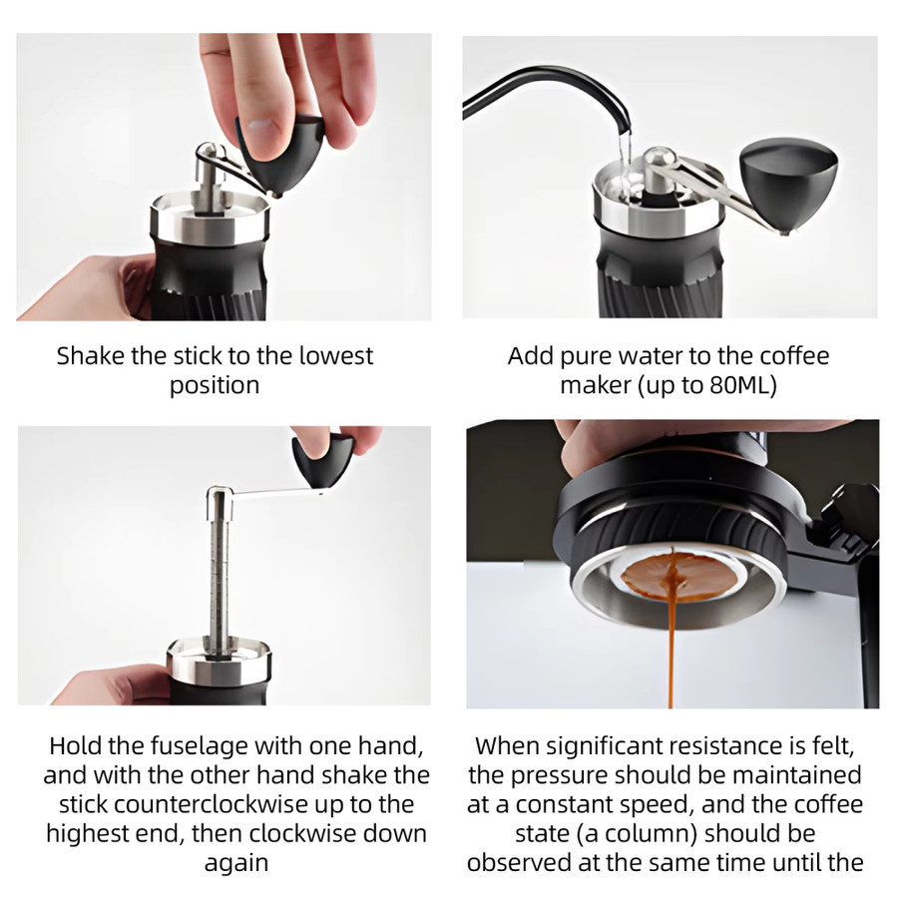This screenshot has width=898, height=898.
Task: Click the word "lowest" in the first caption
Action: pos(337,355)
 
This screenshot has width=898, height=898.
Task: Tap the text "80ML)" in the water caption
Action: pos(742,385)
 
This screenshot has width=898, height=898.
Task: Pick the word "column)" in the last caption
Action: pos(661,834)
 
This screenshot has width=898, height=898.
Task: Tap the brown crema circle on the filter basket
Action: pos(678,575)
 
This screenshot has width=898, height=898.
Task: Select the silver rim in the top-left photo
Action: pos(210,220)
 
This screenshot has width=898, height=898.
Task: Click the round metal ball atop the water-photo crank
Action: pos(657,158)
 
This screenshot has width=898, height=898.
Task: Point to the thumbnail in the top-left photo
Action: pos(262,127)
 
